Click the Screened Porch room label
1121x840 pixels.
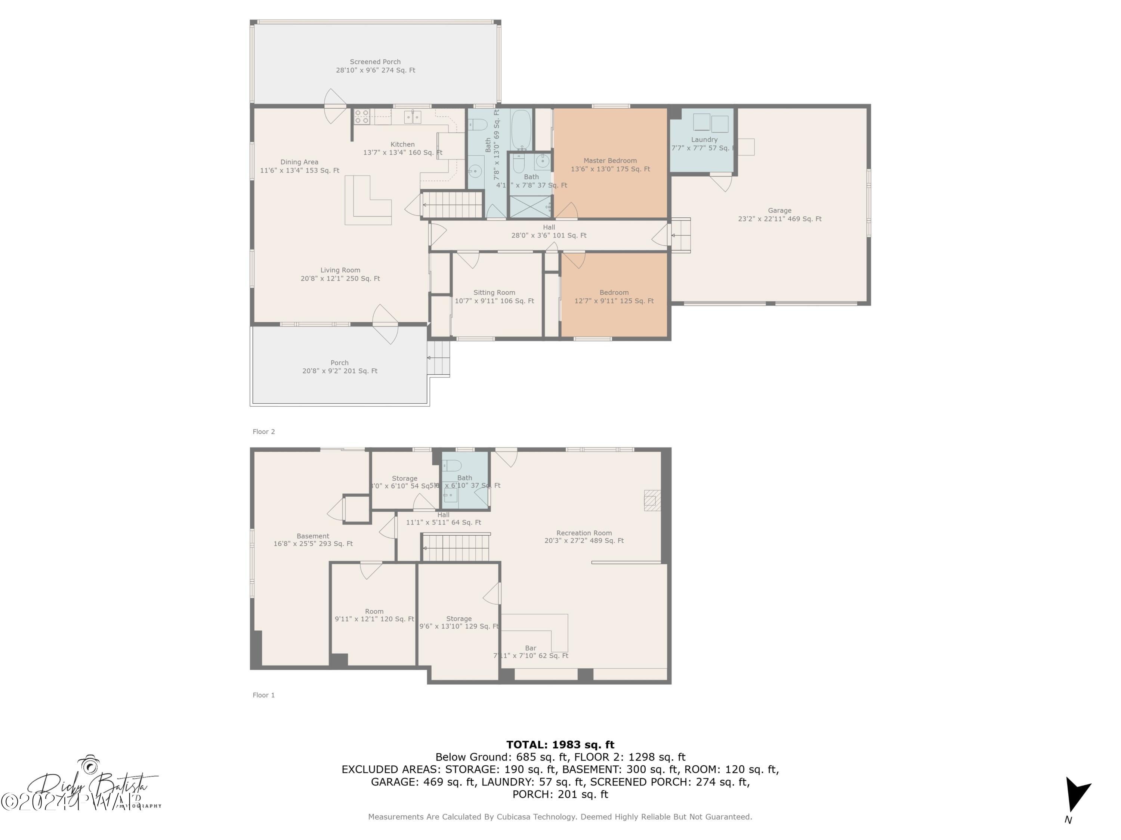375,66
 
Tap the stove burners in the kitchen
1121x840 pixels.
361,117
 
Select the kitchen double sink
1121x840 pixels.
413,117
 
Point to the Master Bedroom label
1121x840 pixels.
610,165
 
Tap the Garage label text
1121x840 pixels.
779,214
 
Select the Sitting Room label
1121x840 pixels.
494,297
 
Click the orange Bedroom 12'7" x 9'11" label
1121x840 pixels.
614,297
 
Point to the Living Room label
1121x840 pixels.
340,274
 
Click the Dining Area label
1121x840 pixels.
300,166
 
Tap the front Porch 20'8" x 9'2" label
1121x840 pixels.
340,367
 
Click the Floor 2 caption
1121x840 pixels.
263,432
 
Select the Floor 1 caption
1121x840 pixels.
263,695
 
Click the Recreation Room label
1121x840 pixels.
584,536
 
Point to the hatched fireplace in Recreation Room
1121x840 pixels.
652,500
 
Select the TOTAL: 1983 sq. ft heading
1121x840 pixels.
560,745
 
